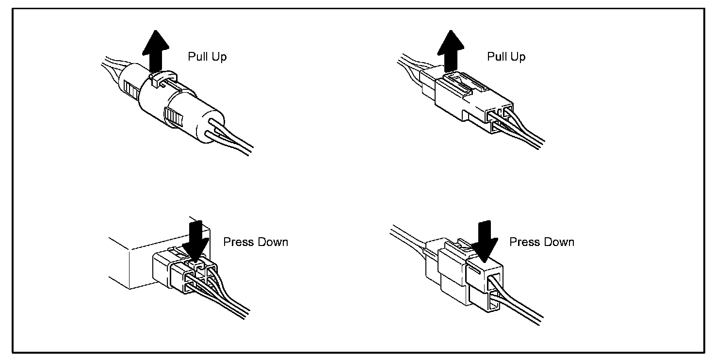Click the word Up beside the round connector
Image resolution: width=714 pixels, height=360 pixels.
click(x=219, y=57)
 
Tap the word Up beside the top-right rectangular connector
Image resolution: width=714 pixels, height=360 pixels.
click(x=518, y=57)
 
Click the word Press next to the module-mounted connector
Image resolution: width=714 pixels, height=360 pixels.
click(x=238, y=242)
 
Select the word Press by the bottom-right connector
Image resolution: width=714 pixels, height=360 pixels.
click(x=524, y=242)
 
